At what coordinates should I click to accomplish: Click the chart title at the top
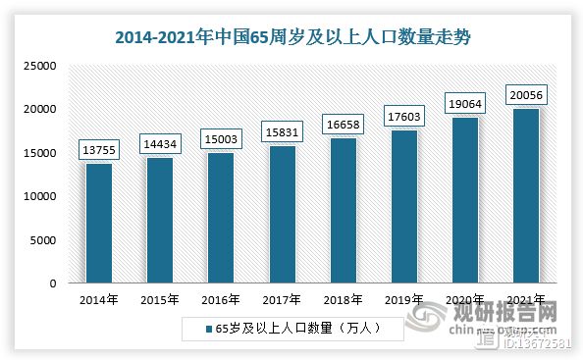pyautogui.click(x=292, y=38)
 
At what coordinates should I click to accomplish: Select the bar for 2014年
pyautogui.click(x=98, y=223)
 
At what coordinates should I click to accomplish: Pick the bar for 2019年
pyautogui.click(x=403, y=206)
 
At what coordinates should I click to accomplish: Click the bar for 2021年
pyautogui.click(x=525, y=195)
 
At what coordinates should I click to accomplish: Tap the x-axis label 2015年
pyautogui.click(x=159, y=300)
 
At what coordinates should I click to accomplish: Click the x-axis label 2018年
pyautogui.click(x=343, y=300)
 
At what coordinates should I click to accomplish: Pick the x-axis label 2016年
pyautogui.click(x=220, y=300)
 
